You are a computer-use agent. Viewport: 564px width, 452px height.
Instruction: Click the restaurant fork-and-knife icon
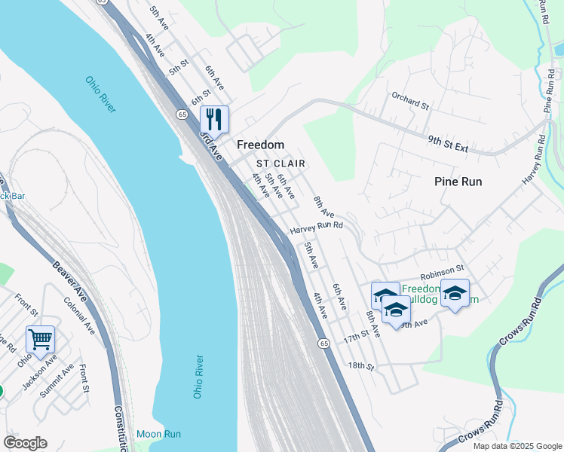coord(214,119)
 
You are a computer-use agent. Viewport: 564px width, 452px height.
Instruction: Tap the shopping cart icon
coord(40,339)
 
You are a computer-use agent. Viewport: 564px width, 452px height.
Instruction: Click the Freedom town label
coord(260,145)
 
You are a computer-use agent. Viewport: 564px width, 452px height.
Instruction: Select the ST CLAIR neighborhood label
coord(280,163)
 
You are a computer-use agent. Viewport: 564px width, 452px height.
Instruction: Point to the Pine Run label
coord(458,182)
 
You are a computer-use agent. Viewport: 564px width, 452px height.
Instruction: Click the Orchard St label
coord(409,101)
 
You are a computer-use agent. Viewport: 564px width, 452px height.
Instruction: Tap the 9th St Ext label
coord(449,144)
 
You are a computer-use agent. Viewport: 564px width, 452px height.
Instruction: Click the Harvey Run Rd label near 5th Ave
coord(317,225)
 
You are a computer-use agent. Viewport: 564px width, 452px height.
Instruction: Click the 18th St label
coord(361,366)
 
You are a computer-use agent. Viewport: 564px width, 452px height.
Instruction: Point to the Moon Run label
coord(158,434)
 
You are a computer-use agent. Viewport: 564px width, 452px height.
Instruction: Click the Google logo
coord(25,443)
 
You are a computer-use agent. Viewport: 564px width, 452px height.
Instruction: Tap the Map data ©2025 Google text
coord(516,446)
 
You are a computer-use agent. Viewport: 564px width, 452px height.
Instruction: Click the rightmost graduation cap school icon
coord(455,293)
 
